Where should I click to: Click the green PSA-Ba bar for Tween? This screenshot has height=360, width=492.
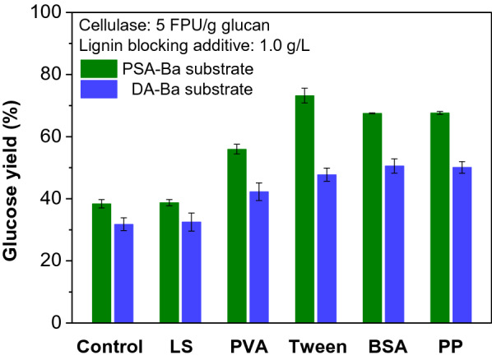click(x=305, y=210)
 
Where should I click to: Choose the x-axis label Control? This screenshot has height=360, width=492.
click(x=110, y=346)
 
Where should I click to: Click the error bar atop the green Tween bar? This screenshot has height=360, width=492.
click(x=305, y=95)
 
